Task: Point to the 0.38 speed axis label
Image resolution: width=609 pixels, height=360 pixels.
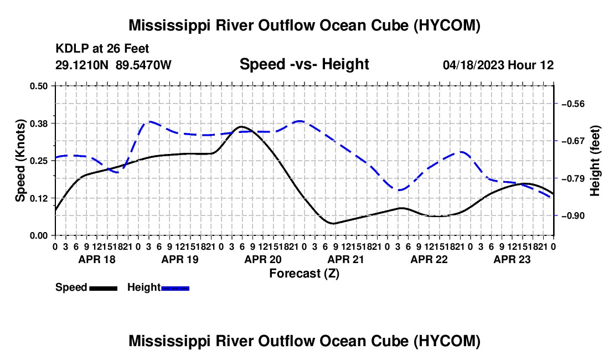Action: (38, 124)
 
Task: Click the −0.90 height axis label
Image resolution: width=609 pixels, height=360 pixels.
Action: (573, 215)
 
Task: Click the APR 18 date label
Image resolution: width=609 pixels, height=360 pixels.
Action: (97, 259)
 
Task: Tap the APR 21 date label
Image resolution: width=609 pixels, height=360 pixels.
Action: (345, 259)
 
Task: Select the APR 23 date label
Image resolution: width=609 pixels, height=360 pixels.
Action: (512, 259)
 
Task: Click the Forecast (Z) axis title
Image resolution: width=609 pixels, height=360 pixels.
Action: (304, 274)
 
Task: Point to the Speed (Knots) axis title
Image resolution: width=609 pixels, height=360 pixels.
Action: (20, 161)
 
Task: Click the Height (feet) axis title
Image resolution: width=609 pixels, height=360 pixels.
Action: (595, 161)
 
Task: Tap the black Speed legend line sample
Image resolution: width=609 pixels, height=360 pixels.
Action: (104, 288)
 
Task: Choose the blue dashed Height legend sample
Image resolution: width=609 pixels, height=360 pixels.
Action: (175, 288)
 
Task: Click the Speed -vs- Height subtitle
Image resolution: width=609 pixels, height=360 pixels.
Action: (304, 64)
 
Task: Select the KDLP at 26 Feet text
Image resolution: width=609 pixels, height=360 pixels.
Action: (102, 49)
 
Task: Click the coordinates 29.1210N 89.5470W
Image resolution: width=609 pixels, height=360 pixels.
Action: (113, 65)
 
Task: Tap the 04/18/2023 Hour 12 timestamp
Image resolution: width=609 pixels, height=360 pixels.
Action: (498, 65)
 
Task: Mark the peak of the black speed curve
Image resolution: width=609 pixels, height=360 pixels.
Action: (241, 127)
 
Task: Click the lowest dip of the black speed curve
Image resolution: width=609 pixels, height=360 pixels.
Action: (333, 223)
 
